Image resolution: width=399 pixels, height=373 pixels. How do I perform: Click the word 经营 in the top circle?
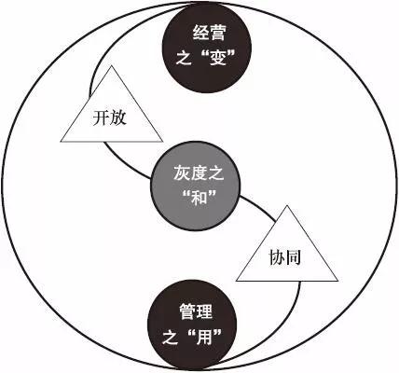tap(209, 33)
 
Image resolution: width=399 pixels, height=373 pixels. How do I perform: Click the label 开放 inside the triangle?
tap(110, 118)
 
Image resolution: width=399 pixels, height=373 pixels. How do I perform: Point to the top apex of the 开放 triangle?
tap(111, 65)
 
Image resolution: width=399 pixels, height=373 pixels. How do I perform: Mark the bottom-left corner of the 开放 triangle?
tap(61, 142)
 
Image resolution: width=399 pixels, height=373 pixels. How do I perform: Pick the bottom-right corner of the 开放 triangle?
tap(162, 142)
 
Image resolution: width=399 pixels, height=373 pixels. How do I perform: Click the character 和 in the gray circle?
tap(199, 197)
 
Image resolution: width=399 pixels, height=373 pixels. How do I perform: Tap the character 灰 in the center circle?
tap(181, 173)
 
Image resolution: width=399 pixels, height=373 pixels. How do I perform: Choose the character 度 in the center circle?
tap(199, 173)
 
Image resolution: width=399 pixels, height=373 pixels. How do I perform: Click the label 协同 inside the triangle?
tap(285, 257)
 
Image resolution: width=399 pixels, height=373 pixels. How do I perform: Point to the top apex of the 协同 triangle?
tap(287, 206)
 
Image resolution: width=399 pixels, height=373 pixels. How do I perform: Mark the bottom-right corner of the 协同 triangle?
tap(337, 281)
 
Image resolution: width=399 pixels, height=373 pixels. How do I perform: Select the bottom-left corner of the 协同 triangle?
tap(237, 281)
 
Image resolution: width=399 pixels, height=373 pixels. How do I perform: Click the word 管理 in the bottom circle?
tap(196, 311)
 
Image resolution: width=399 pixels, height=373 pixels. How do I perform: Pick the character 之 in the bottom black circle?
tap(170, 337)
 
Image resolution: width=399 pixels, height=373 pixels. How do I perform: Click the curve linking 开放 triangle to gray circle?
tap(124, 164)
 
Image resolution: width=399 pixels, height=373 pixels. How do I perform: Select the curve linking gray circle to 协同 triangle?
tap(259, 207)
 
